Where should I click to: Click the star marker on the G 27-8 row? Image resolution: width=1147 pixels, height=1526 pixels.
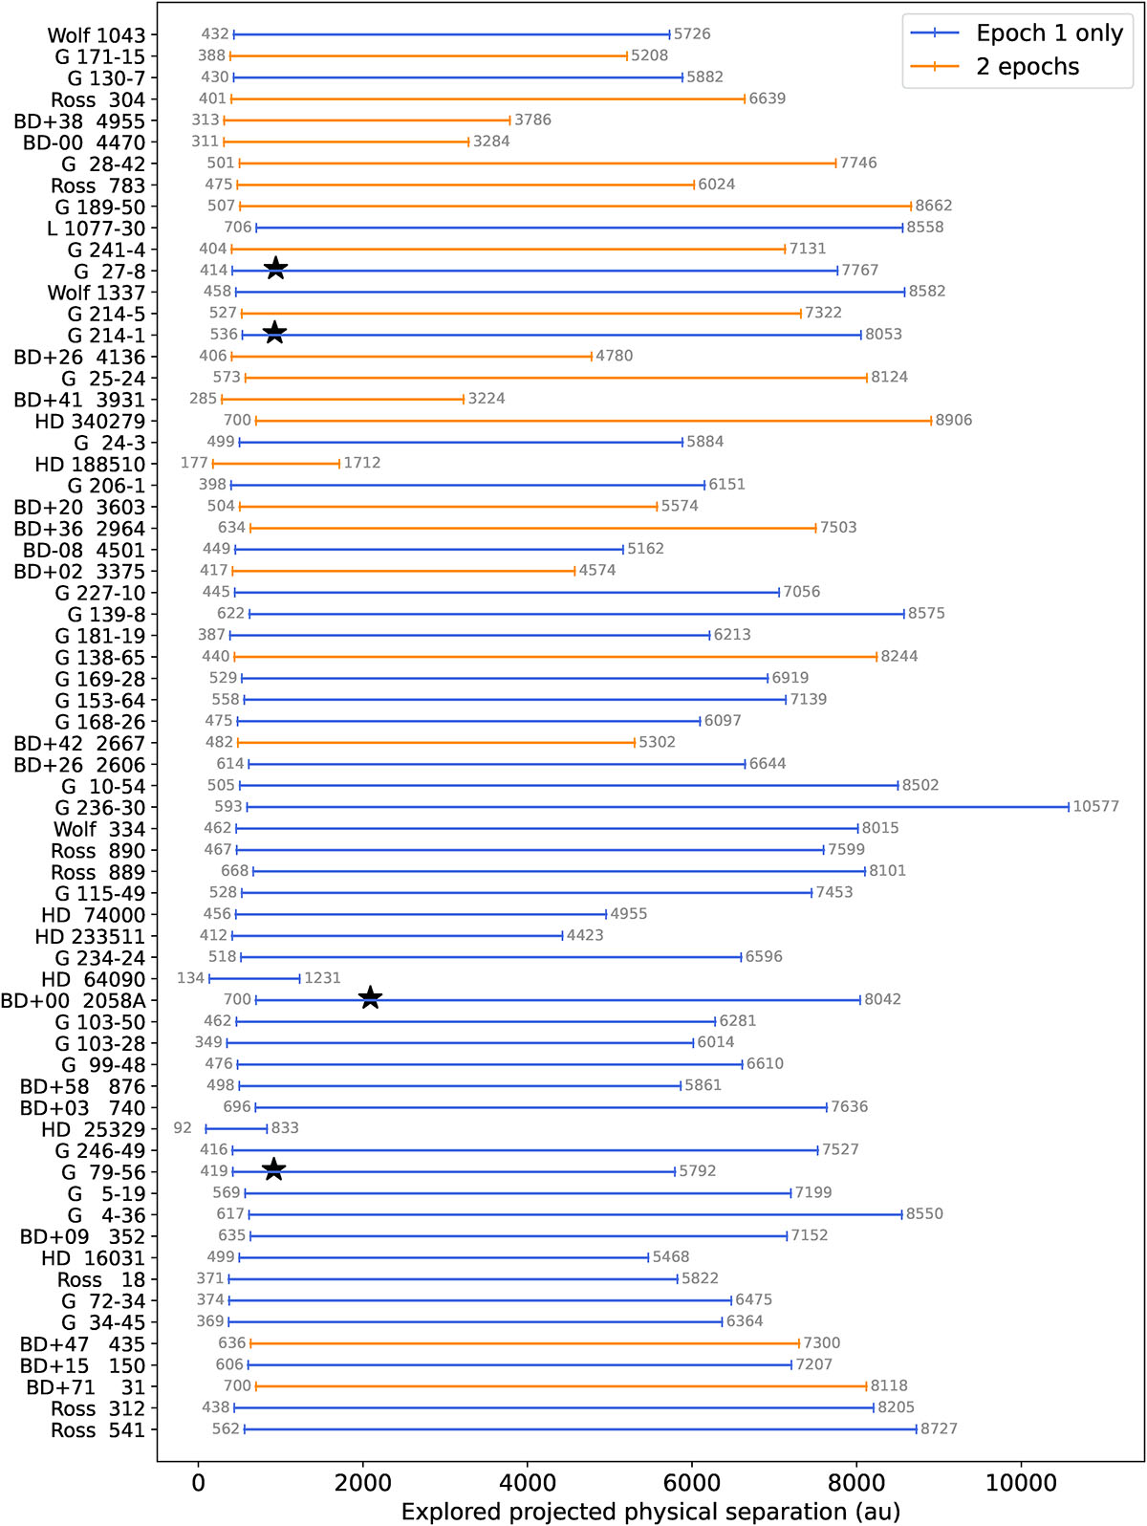click(276, 269)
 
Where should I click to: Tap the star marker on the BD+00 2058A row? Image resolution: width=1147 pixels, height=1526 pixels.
click(370, 997)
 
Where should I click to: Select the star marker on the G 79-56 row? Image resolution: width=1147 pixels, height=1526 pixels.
click(274, 1169)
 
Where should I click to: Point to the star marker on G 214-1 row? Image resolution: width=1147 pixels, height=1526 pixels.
click(274, 333)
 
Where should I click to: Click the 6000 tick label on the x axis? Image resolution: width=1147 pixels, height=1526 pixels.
click(692, 1482)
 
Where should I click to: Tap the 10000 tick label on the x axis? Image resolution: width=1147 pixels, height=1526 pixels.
click(1021, 1482)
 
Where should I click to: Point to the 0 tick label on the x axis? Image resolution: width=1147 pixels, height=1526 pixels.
click(198, 1482)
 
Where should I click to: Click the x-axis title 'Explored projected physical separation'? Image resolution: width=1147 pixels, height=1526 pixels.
click(623, 1512)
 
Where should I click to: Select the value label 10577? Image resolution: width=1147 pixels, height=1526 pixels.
click(1095, 806)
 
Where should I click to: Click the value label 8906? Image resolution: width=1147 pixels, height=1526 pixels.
click(953, 420)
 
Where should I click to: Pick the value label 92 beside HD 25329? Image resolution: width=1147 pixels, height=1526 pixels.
click(183, 1127)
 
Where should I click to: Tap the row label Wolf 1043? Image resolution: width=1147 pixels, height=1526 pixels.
click(97, 34)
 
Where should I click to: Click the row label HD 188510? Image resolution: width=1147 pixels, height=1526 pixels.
click(90, 464)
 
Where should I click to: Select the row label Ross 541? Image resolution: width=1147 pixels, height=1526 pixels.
click(97, 1429)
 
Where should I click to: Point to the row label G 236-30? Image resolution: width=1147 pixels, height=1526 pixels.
click(100, 807)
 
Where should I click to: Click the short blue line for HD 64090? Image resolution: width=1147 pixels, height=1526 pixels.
click(254, 978)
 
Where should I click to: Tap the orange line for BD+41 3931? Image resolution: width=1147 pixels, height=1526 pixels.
click(342, 399)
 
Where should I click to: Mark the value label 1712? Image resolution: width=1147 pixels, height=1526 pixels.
click(362, 463)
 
